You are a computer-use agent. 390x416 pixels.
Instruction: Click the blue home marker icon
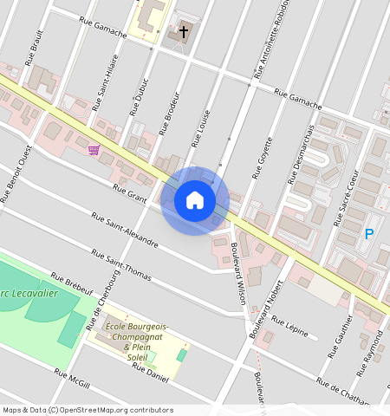click(x=195, y=200)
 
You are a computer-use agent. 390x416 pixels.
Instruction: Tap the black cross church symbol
click(x=184, y=32)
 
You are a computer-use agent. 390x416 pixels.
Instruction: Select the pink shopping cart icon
click(x=93, y=150)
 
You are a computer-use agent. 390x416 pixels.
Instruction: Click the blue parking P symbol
click(x=368, y=233)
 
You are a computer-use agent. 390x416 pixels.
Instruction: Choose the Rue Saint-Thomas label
click(x=121, y=267)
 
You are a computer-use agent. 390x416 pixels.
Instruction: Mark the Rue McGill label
click(x=72, y=380)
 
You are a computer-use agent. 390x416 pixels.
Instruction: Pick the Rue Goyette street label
click(x=263, y=157)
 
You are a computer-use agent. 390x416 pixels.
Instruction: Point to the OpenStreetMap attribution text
click(x=87, y=410)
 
